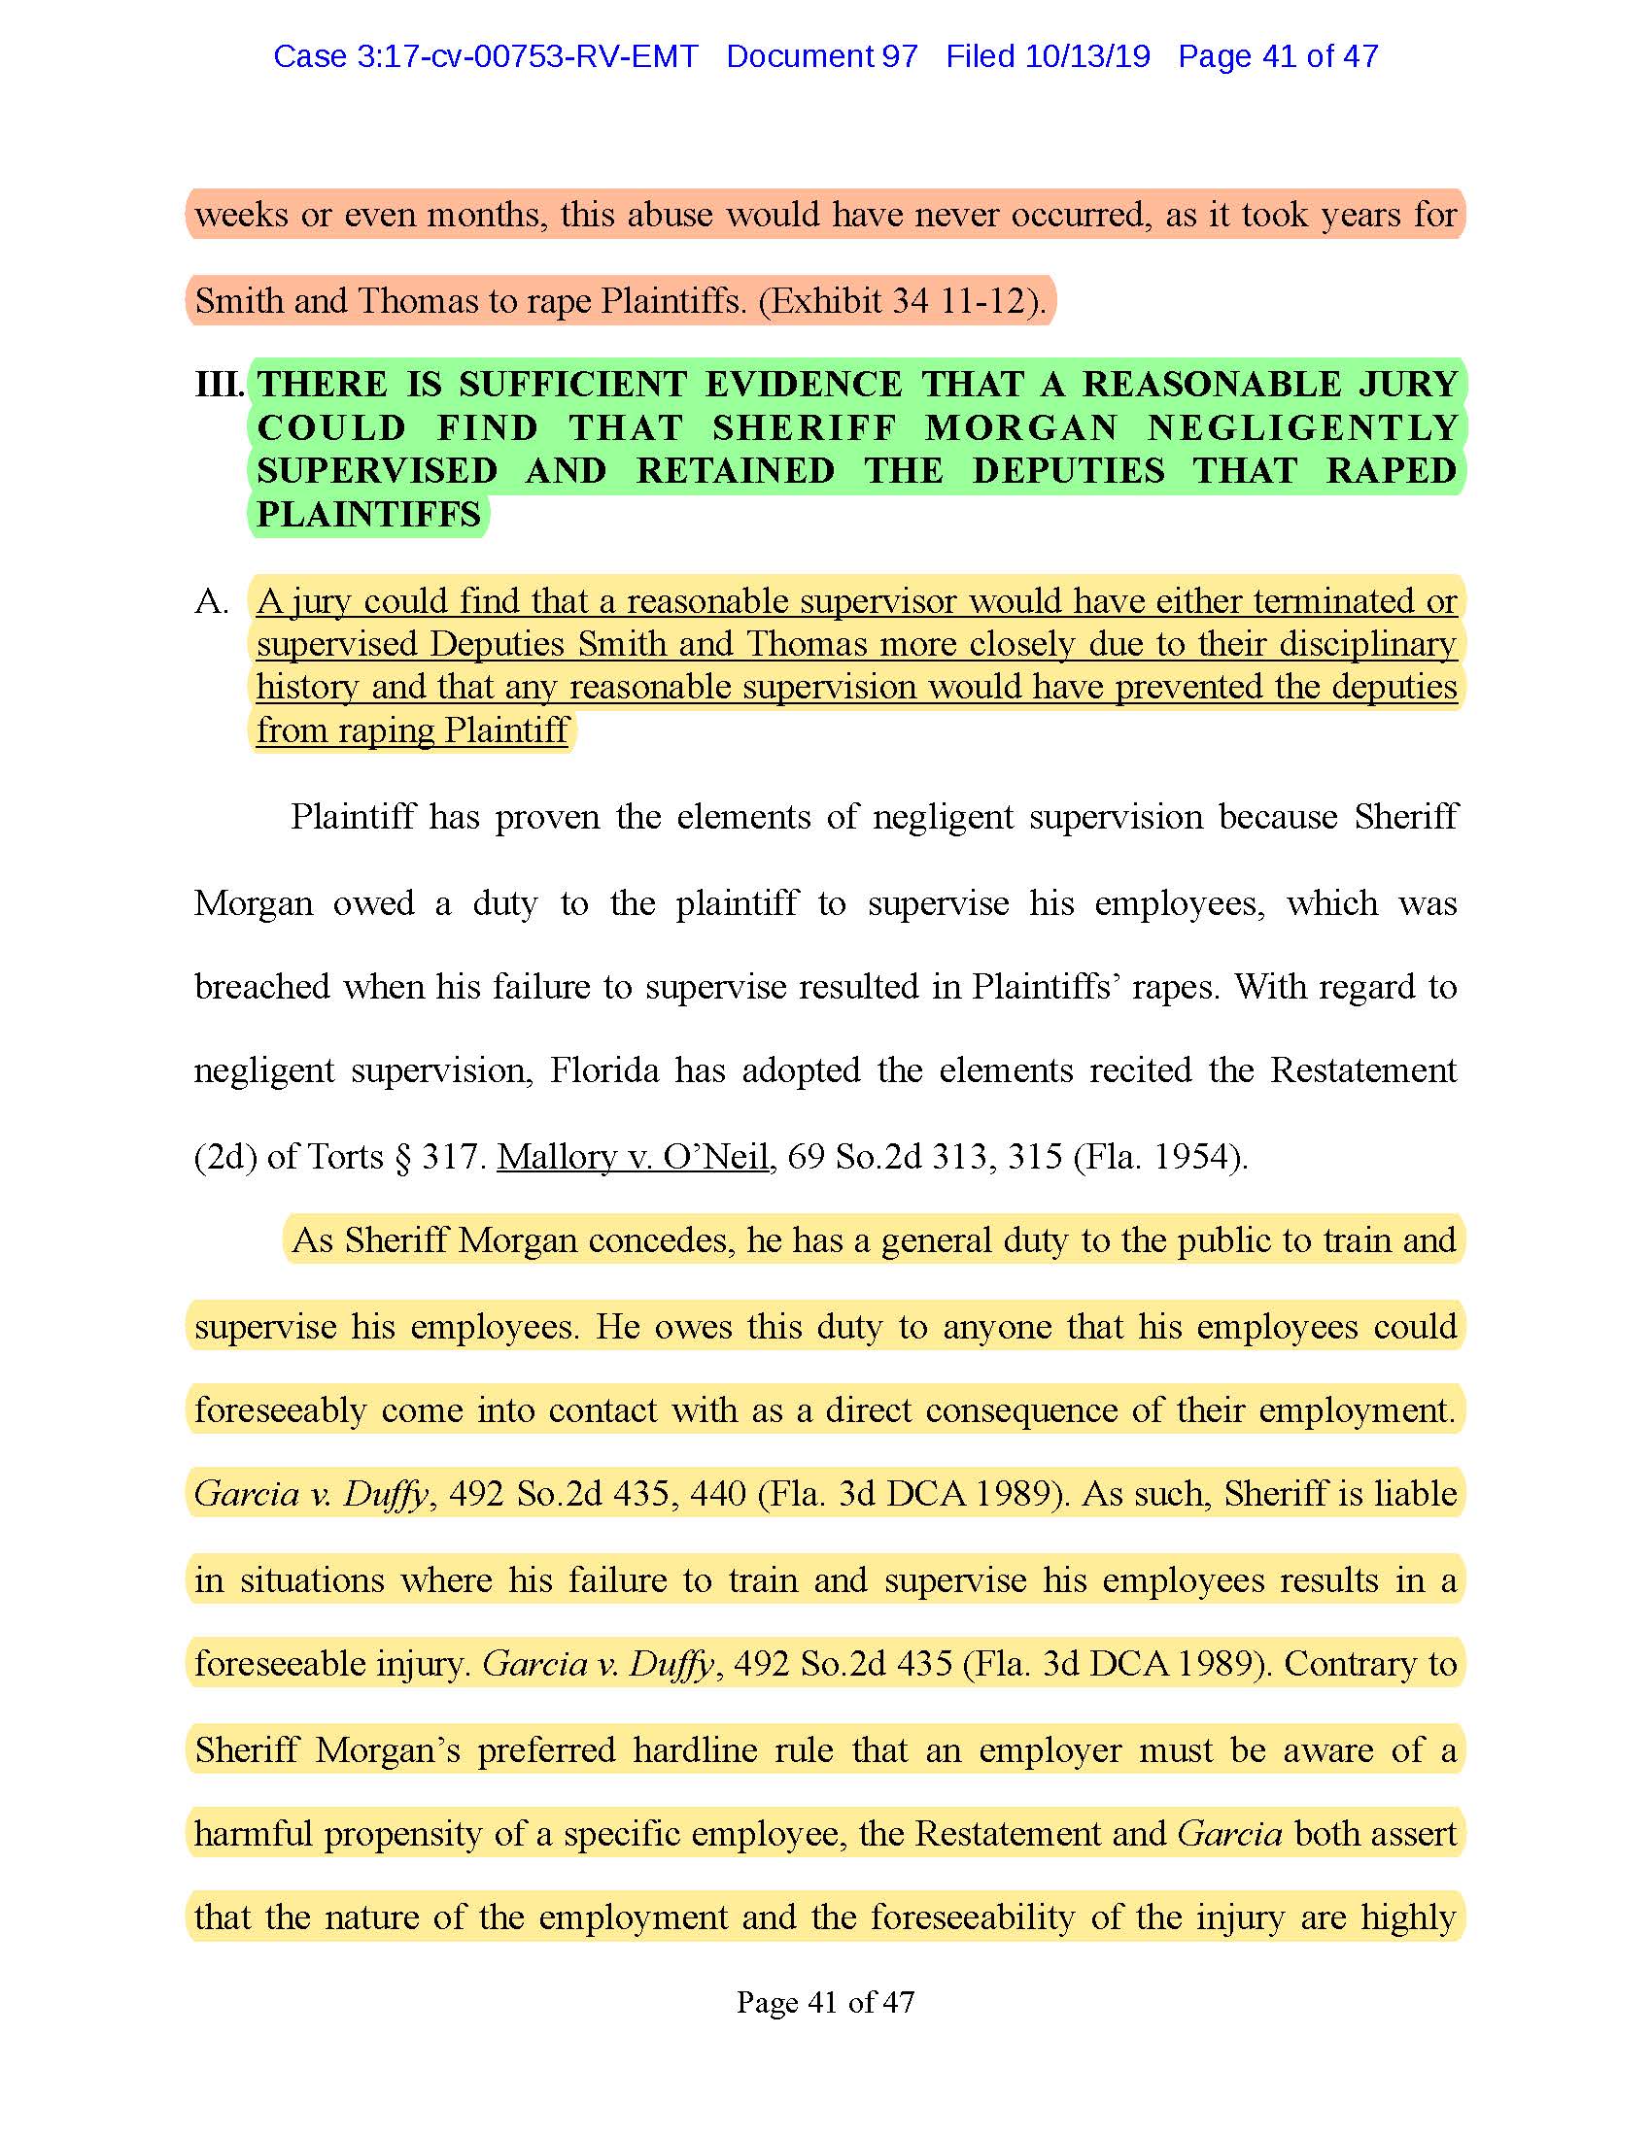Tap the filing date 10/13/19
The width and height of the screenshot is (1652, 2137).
pyautogui.click(x=1087, y=56)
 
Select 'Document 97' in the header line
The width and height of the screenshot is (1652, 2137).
pyautogui.click(x=821, y=56)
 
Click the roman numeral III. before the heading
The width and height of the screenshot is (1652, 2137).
pyautogui.click(x=220, y=385)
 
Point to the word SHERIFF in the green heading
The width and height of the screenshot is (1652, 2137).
pyautogui.click(x=804, y=427)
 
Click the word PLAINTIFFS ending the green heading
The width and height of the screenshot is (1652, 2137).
pyautogui.click(x=369, y=514)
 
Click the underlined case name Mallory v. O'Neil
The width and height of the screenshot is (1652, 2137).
pyautogui.click(x=633, y=1157)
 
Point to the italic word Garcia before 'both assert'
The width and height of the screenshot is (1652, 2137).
pyautogui.click(x=1229, y=1834)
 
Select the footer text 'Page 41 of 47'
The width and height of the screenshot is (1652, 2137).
pyautogui.click(x=825, y=2003)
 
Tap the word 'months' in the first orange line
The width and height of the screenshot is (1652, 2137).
pyautogui.click(x=487, y=215)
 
